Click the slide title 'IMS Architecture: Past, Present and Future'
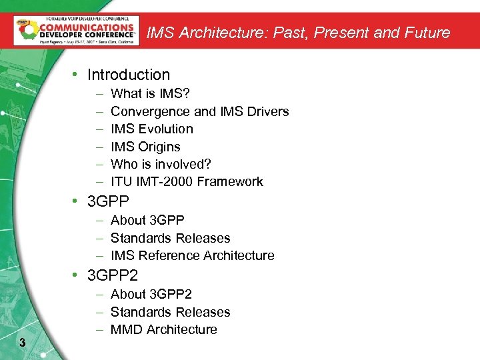pyautogui.click(x=298, y=32)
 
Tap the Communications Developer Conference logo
pyautogui.click(x=76, y=31)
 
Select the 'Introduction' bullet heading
pyautogui.click(x=129, y=75)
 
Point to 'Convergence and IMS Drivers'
pyautogui.click(x=199, y=111)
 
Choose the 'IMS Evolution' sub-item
pyautogui.click(x=152, y=129)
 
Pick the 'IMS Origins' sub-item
pyautogui.click(x=145, y=147)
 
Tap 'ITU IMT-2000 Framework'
pyautogui.click(x=187, y=181)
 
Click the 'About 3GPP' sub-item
pyautogui.click(x=147, y=220)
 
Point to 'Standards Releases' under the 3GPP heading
pyautogui.click(x=170, y=238)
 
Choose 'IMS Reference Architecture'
pyautogui.click(x=192, y=255)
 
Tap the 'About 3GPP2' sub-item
pyautogui.click(x=151, y=294)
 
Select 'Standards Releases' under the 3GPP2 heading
pyautogui.click(x=170, y=312)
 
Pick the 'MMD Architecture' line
pyautogui.click(x=163, y=329)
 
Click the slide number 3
pyautogui.click(x=23, y=343)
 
